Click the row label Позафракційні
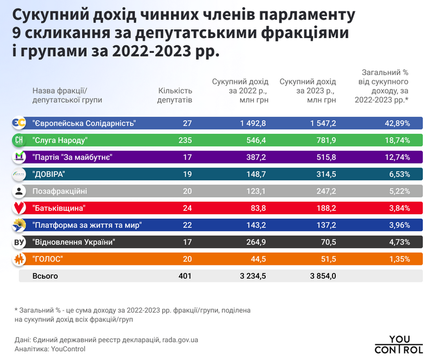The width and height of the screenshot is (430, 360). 59,191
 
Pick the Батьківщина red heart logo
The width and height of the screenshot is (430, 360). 19,208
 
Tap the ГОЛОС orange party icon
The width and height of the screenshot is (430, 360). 19,259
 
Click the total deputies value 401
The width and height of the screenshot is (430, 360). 185,276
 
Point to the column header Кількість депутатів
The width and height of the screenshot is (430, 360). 175,95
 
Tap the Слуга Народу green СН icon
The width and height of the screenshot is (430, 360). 19,140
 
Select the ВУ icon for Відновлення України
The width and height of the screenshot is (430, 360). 19,242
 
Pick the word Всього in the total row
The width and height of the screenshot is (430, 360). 45,276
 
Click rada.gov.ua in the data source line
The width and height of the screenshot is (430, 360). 180,340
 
